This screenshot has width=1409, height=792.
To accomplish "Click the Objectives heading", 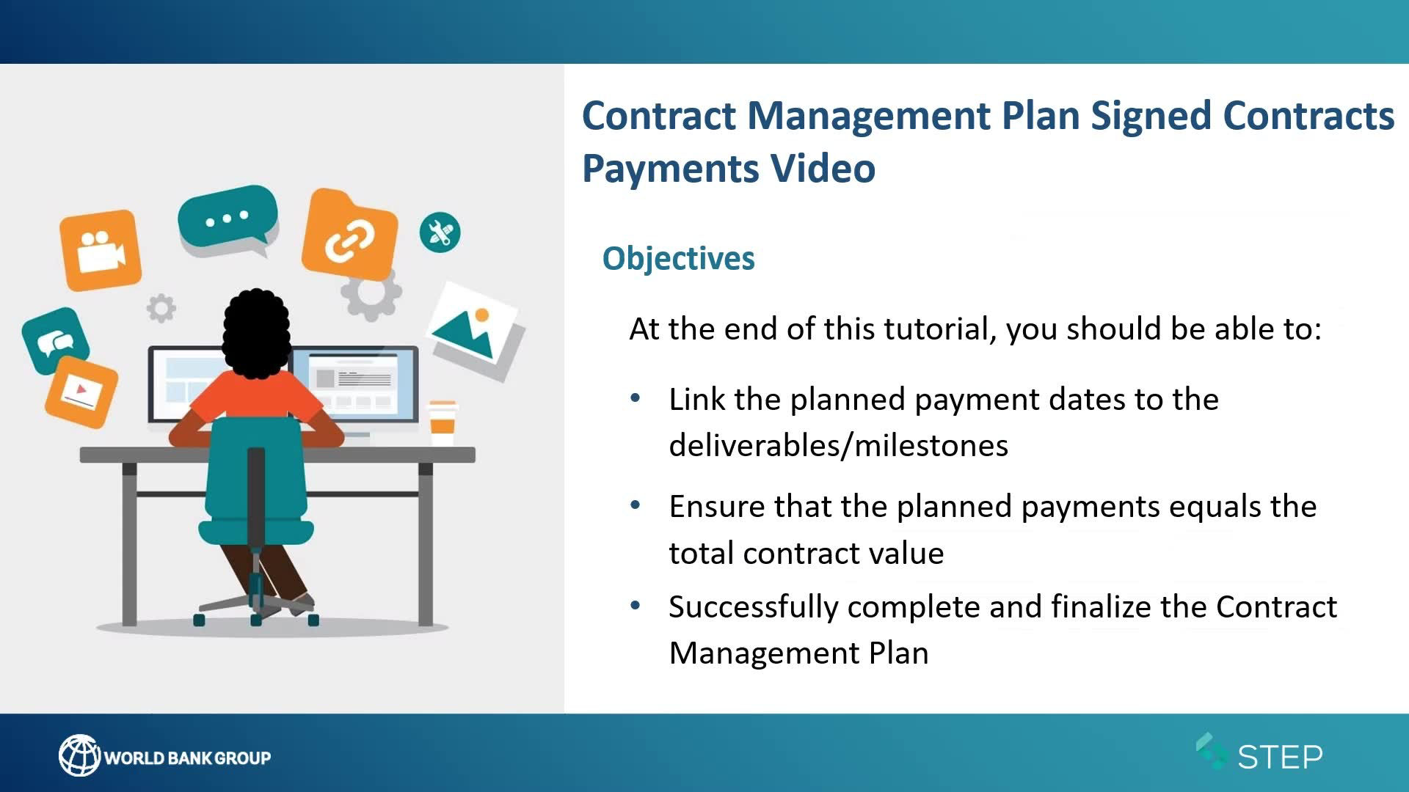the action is click(678, 259).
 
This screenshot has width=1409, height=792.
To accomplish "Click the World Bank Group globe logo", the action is click(79, 755).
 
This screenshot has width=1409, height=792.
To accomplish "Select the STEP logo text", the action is click(1280, 757).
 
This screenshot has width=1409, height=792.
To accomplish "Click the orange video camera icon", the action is click(101, 250).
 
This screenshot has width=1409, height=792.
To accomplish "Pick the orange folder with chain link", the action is click(350, 235).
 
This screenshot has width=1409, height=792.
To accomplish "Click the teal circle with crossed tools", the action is click(440, 232).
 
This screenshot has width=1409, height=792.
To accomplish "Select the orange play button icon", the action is click(81, 392).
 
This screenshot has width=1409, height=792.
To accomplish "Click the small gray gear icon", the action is click(161, 308).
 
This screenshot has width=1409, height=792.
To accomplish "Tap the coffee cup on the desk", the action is click(443, 423).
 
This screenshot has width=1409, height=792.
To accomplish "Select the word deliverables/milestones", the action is click(839, 446).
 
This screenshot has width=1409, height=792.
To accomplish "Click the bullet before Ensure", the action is click(636, 505).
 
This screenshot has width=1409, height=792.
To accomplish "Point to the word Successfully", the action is click(753, 608).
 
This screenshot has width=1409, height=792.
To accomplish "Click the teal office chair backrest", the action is click(256, 469).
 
